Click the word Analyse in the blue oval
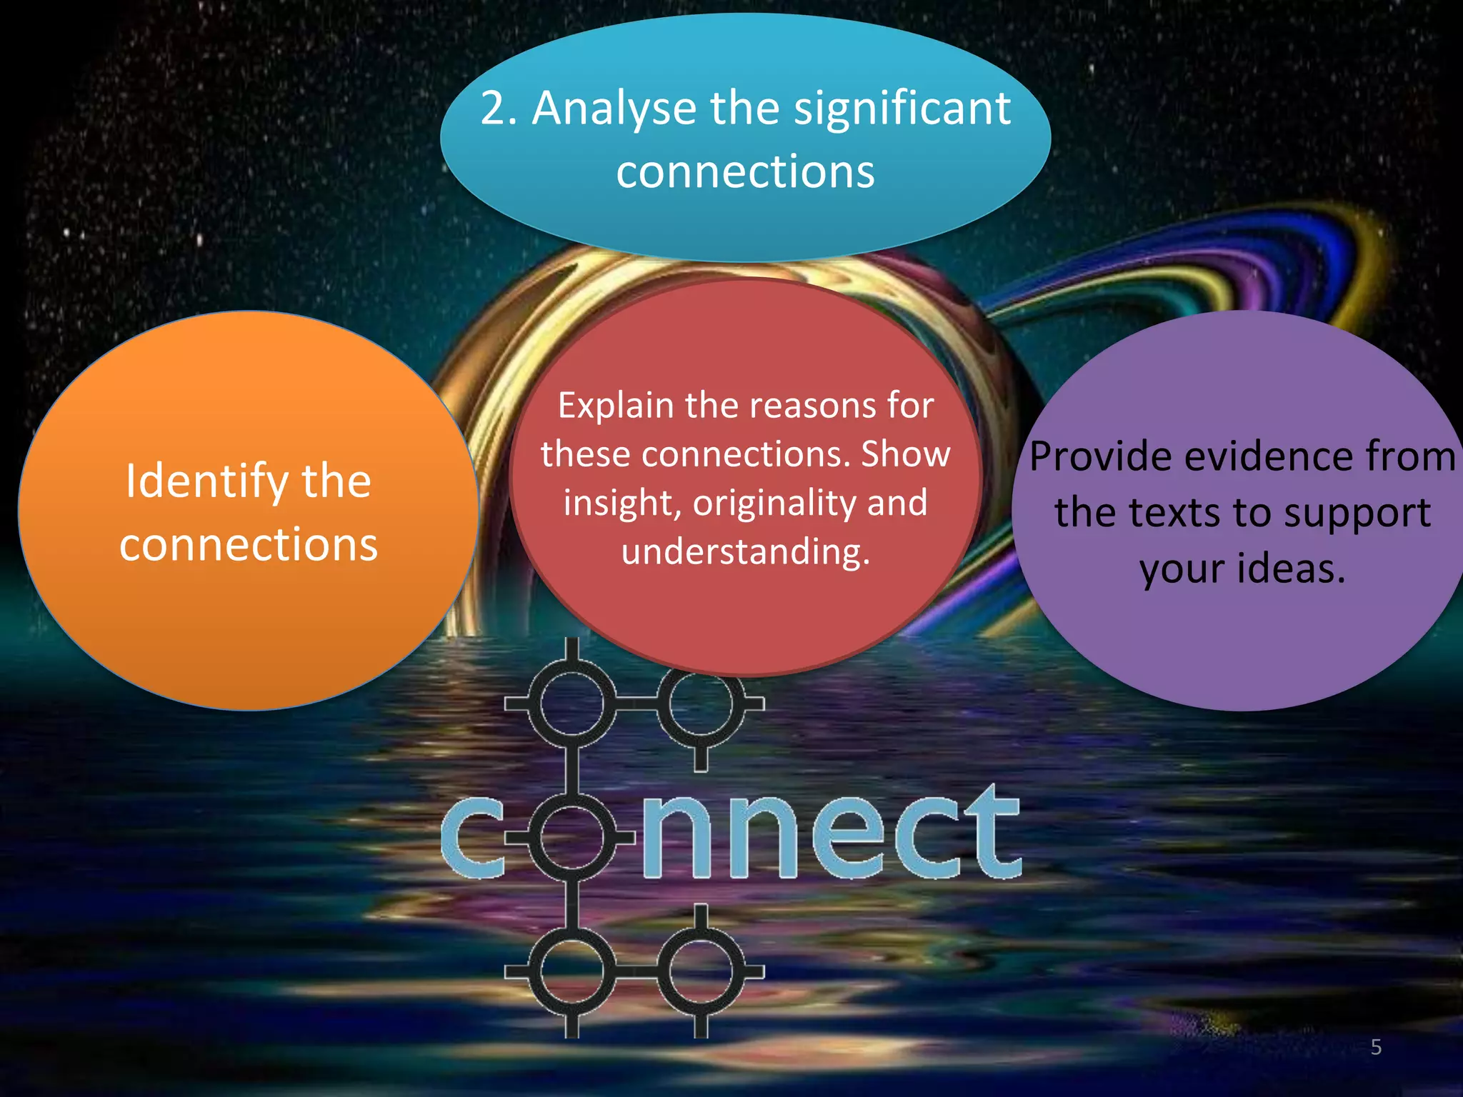[614, 109]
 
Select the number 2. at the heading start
[498, 109]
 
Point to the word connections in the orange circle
[249, 544]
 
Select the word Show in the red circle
[905, 454]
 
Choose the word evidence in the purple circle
[1268, 456]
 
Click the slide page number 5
[1376, 1047]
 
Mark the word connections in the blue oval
[745, 171]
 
